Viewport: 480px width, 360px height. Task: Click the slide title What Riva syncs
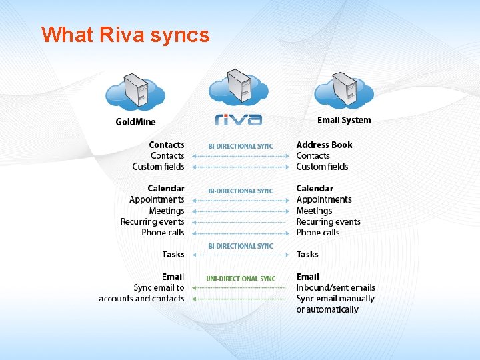click(x=125, y=35)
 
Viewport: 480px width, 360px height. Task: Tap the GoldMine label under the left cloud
click(x=135, y=121)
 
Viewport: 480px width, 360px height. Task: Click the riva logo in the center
click(x=239, y=119)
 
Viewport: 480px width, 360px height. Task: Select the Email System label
click(x=344, y=120)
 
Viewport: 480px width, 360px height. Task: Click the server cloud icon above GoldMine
click(x=135, y=92)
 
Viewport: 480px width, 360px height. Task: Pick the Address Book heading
click(x=324, y=145)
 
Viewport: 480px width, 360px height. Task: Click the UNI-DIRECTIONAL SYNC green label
click(x=241, y=279)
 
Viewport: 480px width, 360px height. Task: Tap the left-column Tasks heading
click(x=173, y=254)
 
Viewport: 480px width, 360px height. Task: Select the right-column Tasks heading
click(x=307, y=254)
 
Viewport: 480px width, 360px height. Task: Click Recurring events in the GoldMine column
click(x=152, y=222)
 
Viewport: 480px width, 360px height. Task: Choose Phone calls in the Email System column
click(x=317, y=233)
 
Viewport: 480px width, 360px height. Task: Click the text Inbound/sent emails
click(x=335, y=288)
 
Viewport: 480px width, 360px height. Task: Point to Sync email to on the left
click(x=159, y=288)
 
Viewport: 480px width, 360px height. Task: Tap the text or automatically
click(x=327, y=309)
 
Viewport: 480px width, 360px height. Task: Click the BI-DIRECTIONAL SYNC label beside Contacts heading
click(x=241, y=146)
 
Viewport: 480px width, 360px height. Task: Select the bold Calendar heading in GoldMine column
click(x=166, y=189)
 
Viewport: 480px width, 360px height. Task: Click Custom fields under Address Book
click(x=322, y=167)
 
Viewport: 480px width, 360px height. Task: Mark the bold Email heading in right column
click(x=307, y=277)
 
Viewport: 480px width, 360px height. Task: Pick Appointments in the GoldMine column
click(x=157, y=199)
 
